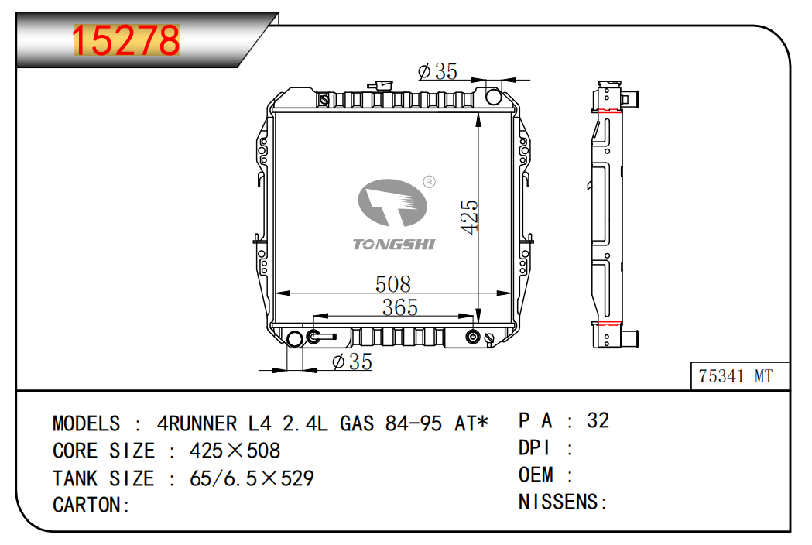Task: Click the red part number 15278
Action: coord(126,40)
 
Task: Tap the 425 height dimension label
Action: coord(470,217)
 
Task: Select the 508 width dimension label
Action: coord(393,284)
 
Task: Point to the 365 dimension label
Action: coord(399,307)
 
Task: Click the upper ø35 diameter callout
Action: coord(437,71)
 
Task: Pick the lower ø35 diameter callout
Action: coord(352,362)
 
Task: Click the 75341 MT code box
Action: coord(740,375)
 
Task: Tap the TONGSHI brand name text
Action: coord(393,244)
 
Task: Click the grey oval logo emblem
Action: coord(392,203)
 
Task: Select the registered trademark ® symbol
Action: coord(430,182)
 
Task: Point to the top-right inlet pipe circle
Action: coord(494,96)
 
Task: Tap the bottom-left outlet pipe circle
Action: coord(295,339)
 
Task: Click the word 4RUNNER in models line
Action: coord(197,423)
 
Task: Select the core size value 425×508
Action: coord(235,451)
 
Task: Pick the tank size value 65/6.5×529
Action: coord(252,478)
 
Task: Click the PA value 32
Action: coord(598,420)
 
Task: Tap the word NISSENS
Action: coord(558,502)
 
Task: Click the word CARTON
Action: coord(87,505)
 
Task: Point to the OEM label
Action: coord(536,475)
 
